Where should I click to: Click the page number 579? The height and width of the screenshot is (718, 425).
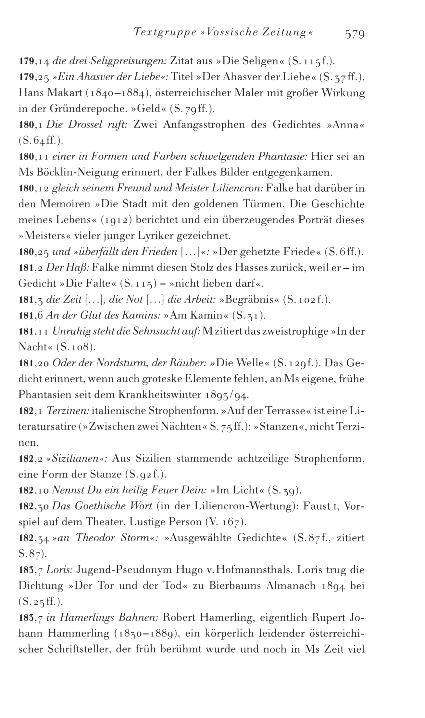click(x=355, y=34)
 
